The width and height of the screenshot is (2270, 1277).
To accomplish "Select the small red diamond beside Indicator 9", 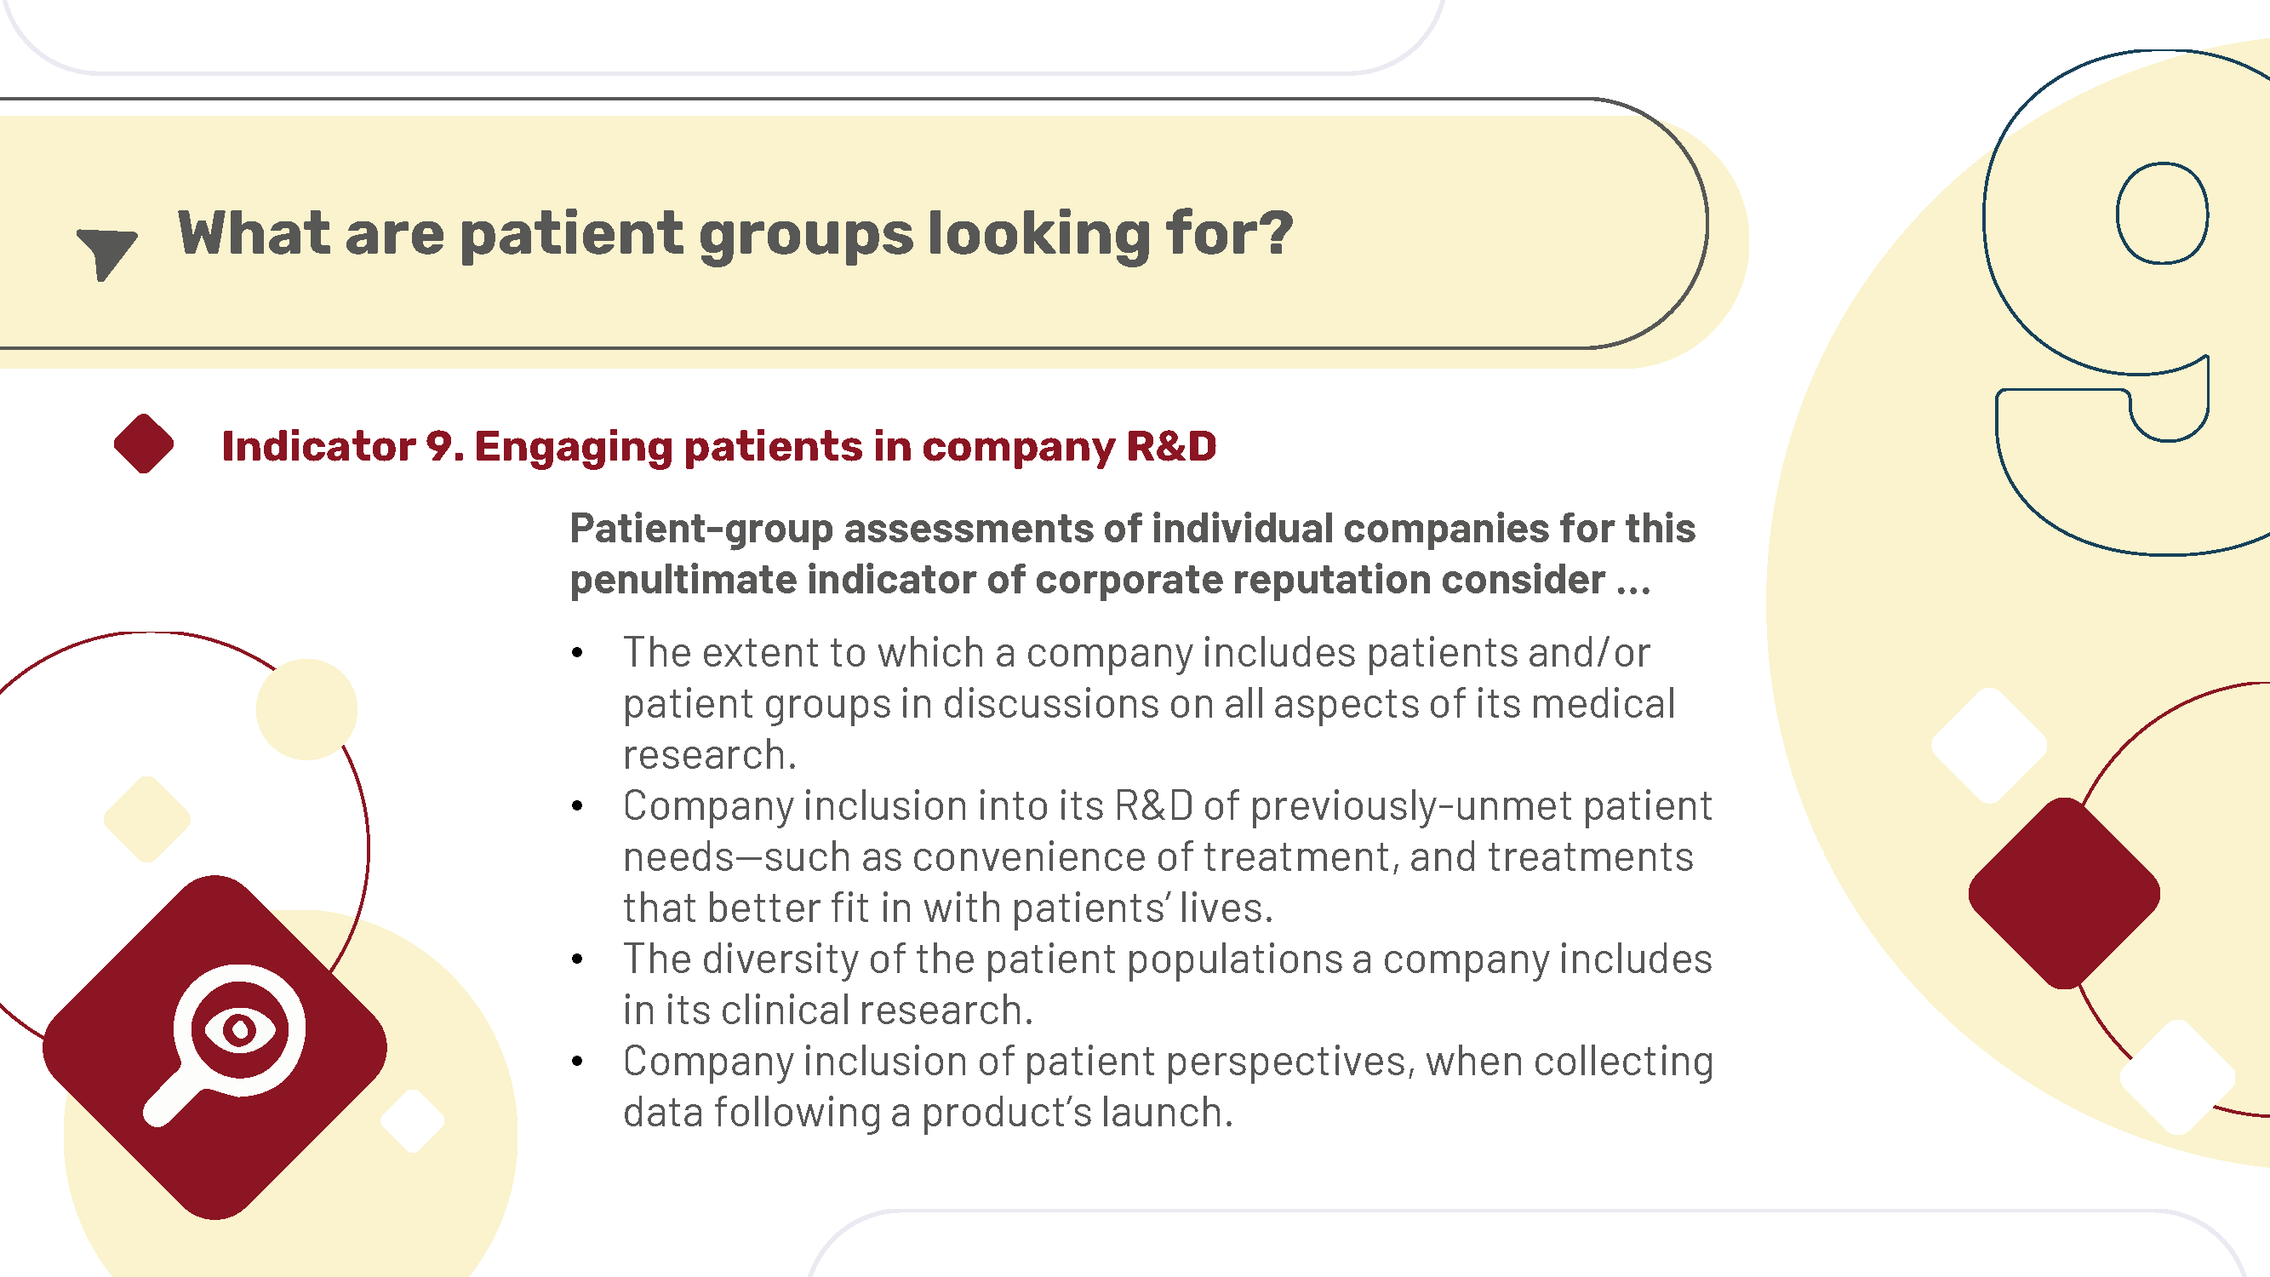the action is click(x=144, y=444).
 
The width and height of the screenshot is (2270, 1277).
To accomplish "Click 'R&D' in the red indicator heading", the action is click(x=1172, y=446).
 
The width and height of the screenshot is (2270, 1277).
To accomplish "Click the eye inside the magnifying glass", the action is click(x=240, y=1029).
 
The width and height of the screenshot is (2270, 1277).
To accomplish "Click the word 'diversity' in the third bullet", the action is click(x=780, y=959).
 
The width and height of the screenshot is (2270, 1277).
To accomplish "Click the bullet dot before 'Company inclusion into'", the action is click(x=577, y=805).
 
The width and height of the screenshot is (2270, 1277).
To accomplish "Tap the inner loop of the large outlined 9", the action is click(x=2163, y=214).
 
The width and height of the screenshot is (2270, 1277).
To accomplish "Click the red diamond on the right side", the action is click(x=2064, y=893).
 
